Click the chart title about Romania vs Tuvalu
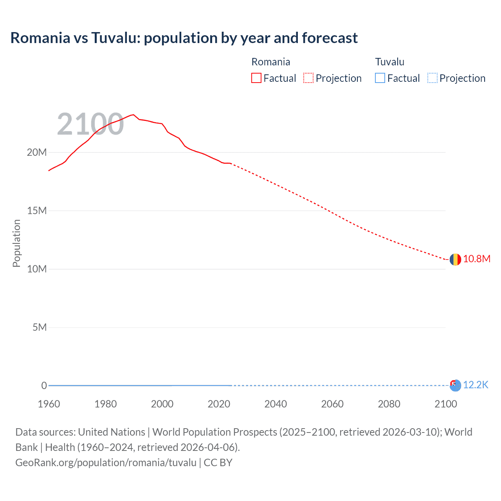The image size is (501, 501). pos(184,38)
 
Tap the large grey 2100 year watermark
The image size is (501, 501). pos(90,124)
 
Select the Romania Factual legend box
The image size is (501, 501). pos(256,78)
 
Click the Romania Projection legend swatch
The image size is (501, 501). pos(308,78)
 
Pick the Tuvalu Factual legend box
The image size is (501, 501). pos(380,78)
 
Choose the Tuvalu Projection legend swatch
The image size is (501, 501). pos(432,78)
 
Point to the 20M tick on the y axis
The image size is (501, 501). pos(37,152)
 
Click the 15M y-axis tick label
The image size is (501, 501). pos(37,211)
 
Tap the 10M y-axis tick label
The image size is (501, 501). pos(37,269)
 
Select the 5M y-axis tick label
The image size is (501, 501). pos(40,327)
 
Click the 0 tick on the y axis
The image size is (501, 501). pos(44,386)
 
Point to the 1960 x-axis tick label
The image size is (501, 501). pos(49,404)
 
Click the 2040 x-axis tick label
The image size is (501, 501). pos(276,404)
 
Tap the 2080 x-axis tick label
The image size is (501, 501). pos(389,404)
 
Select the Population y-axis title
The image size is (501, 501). pos(16,243)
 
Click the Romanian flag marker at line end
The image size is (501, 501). pos(455,259)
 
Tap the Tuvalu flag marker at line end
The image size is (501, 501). pos(455,386)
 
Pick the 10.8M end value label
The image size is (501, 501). pos(477,259)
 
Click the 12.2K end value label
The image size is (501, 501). pos(476,385)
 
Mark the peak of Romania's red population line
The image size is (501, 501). pos(133,115)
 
